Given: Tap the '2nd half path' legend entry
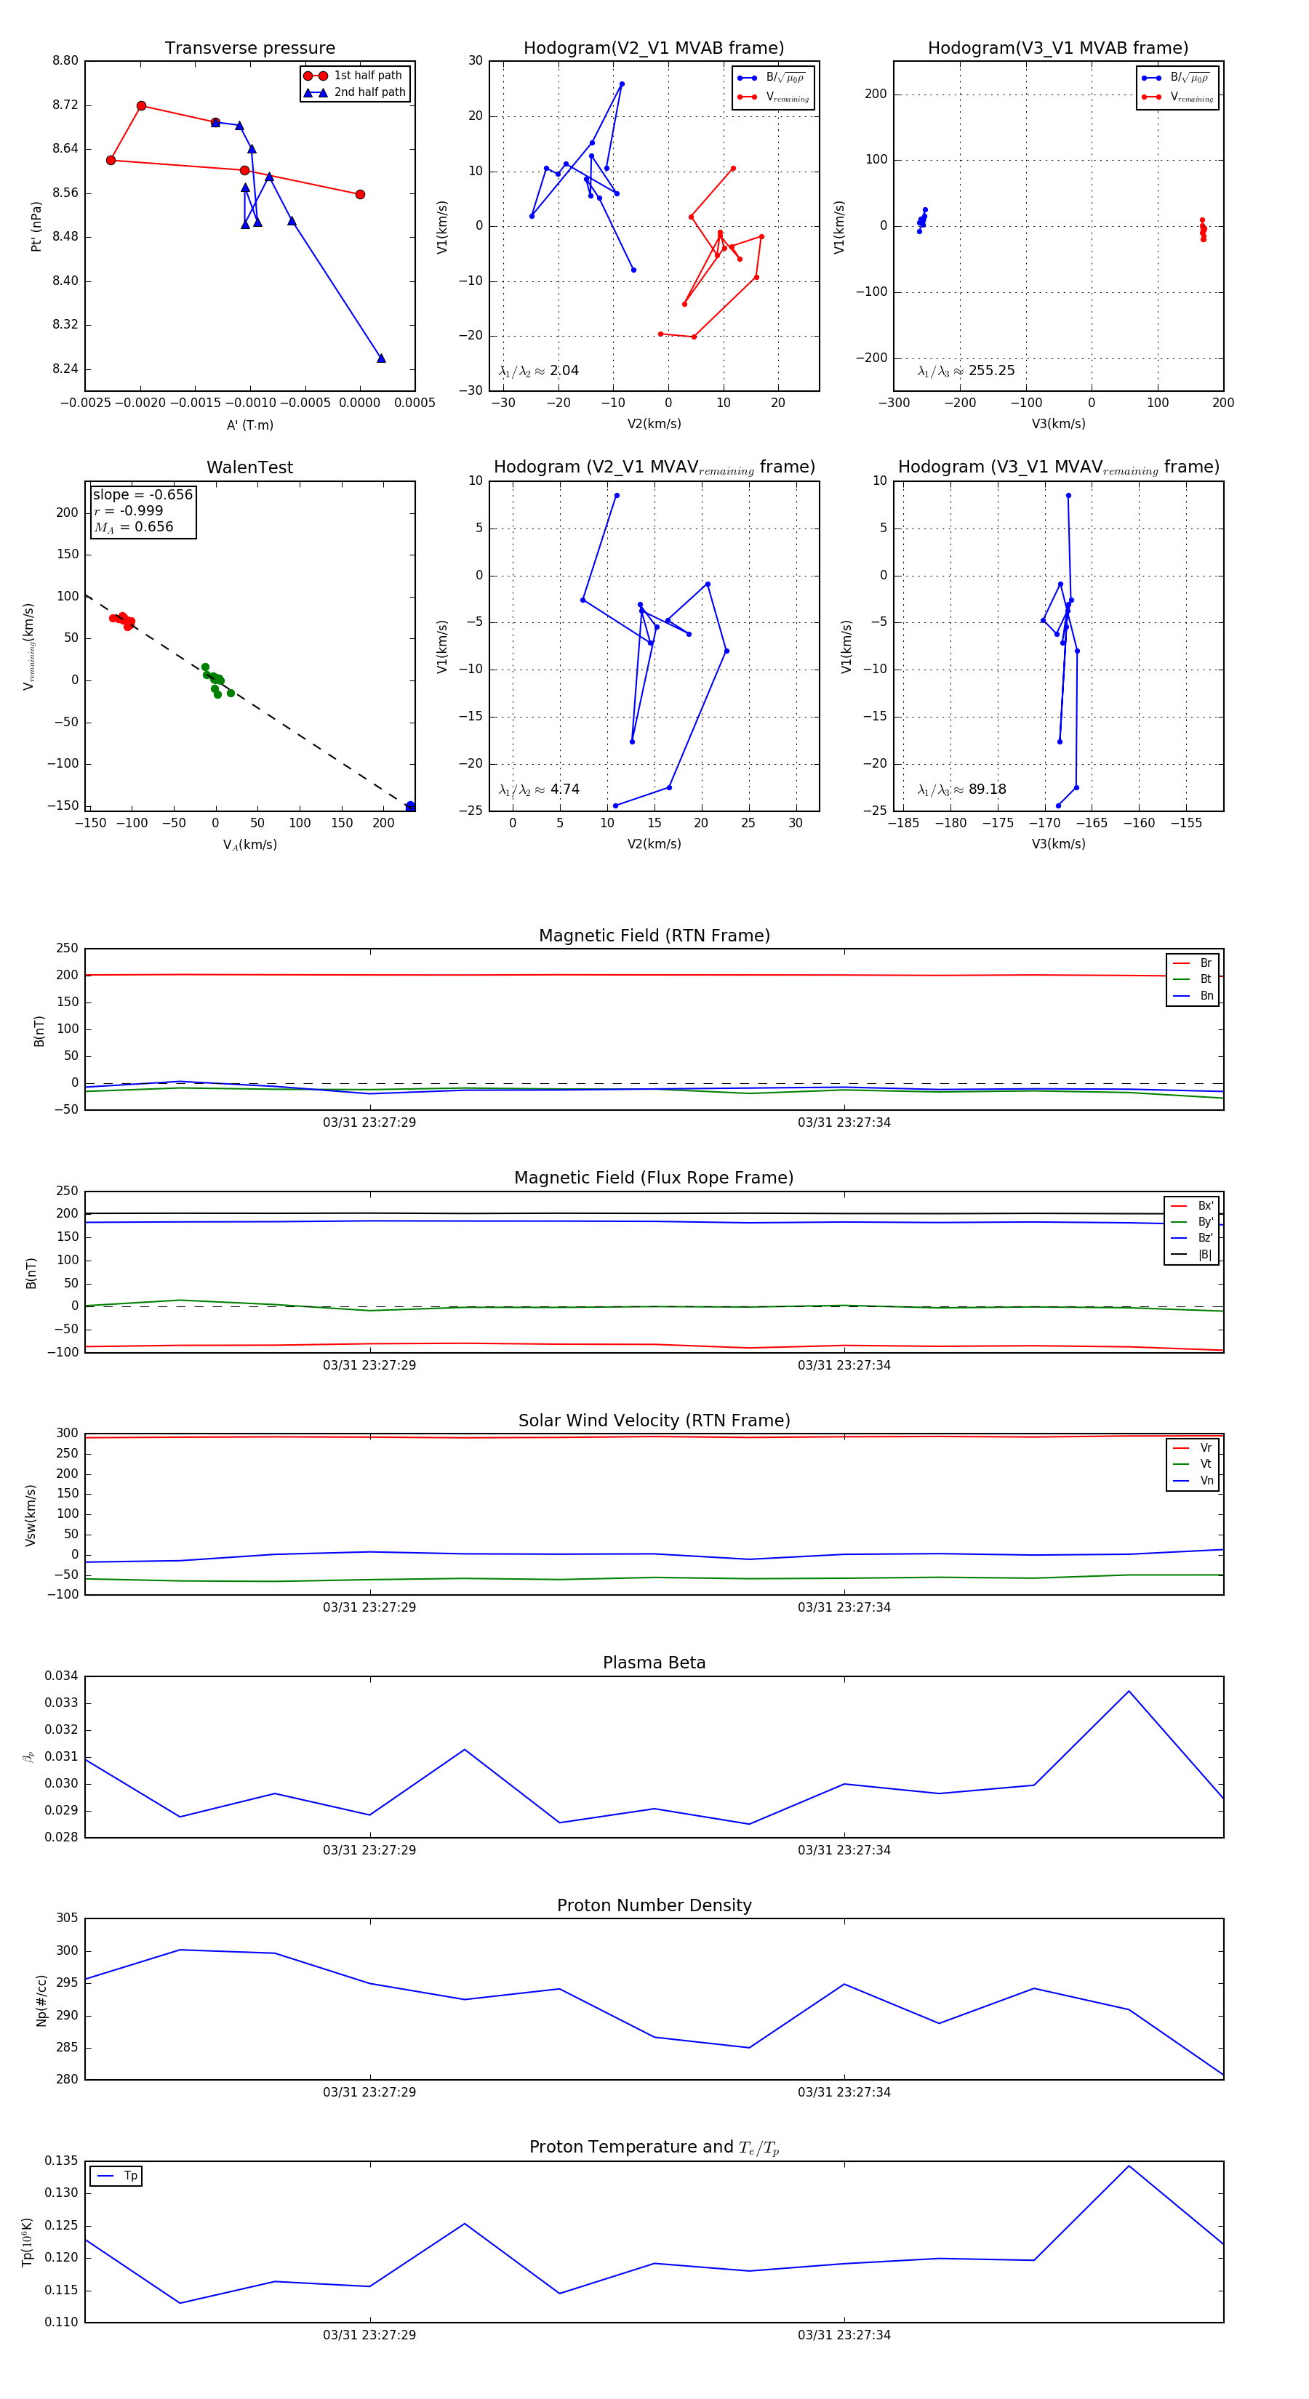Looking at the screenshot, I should (369, 92).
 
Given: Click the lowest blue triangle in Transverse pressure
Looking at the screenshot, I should (381, 358).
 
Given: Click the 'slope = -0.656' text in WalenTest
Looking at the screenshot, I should (143, 494).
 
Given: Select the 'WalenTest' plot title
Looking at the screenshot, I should (249, 467).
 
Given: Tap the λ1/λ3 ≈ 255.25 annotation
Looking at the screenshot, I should (966, 371).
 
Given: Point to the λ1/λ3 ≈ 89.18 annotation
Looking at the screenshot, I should (961, 789).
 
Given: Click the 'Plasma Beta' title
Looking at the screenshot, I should (654, 1663).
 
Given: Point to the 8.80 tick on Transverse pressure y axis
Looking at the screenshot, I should (65, 62).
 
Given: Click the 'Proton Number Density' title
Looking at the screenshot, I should (654, 1905).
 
